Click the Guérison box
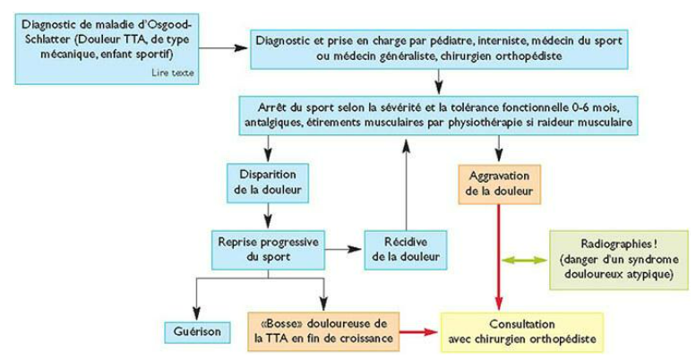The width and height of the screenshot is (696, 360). (198, 332)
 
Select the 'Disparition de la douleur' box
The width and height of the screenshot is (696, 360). (268, 183)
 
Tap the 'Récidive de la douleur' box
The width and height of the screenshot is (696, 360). (405, 250)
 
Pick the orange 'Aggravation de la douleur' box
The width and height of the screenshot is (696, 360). (499, 184)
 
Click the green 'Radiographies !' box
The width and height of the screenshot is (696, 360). (619, 260)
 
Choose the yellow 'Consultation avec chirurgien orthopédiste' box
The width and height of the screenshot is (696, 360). (521, 332)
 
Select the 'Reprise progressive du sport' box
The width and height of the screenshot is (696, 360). (268, 250)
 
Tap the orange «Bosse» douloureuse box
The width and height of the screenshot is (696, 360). (324, 330)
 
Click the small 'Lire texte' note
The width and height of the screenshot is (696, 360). (173, 73)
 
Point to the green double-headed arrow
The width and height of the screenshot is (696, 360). (526, 260)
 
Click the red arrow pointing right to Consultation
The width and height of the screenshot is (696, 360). (419, 331)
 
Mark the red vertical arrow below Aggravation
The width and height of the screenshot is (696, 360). (499, 257)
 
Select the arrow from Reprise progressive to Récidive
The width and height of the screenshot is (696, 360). (344, 250)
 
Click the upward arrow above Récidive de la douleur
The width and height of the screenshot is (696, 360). (405, 183)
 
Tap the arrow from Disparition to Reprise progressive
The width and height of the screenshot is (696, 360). (268, 216)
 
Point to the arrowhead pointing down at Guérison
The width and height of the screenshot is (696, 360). (196, 313)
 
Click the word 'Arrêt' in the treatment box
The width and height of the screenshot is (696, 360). (269, 107)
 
